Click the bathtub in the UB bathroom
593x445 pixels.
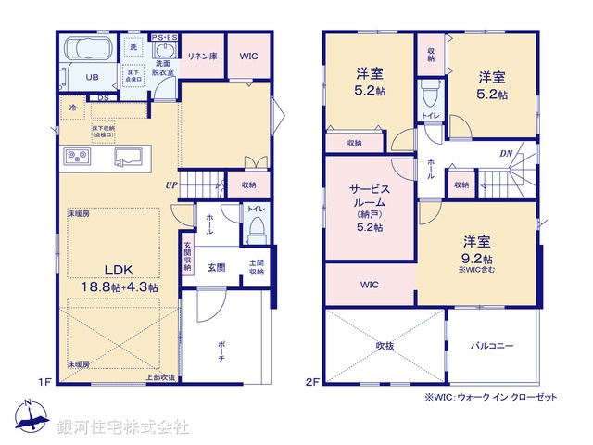86,48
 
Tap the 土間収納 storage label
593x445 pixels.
257,266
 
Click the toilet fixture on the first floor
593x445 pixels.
258,229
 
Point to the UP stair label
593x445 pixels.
171,184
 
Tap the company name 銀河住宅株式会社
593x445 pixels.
121,427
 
